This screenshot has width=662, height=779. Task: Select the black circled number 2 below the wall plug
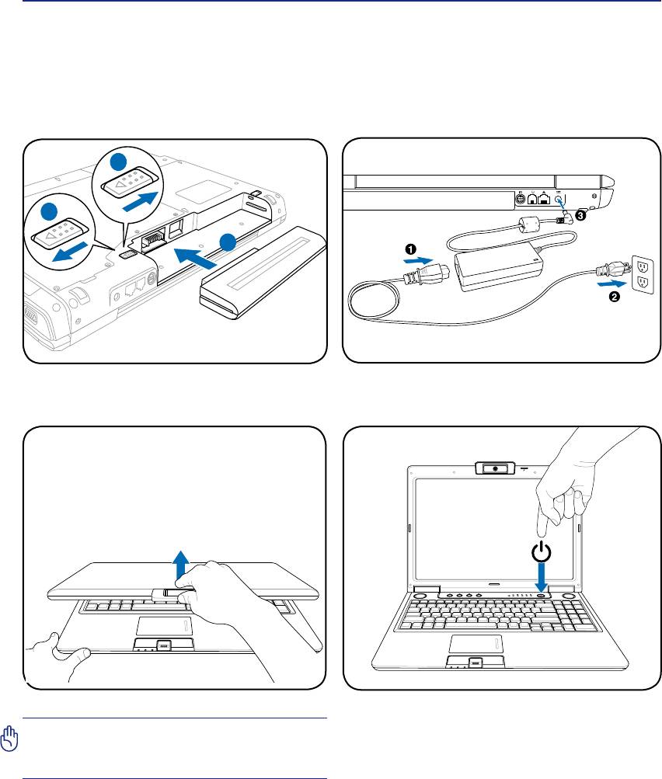coord(615,301)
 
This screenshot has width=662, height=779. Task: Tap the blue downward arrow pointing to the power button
coord(542,583)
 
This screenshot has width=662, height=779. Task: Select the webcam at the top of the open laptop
coord(494,470)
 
